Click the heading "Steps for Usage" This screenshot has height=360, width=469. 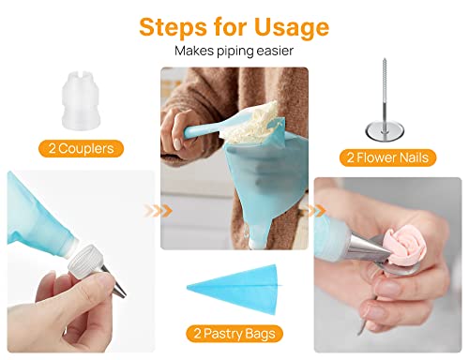click(234, 25)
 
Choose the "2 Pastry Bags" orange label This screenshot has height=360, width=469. click(234, 333)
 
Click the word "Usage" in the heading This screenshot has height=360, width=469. click(281, 25)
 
